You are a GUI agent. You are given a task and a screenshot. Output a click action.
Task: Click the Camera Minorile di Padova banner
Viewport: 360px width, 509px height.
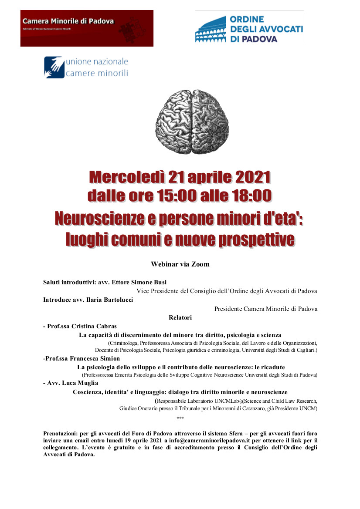[87, 28]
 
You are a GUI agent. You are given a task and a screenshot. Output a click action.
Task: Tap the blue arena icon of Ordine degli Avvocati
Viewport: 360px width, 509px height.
[211, 30]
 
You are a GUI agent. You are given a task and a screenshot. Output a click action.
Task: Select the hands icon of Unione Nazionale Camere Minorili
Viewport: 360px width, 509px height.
[54, 67]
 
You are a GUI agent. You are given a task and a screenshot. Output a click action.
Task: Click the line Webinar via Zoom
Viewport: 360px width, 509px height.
[180, 264]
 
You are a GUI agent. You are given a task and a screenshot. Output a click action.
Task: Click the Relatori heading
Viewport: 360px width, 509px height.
[180, 317]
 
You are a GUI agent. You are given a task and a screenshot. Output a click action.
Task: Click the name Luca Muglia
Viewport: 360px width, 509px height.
[82, 383]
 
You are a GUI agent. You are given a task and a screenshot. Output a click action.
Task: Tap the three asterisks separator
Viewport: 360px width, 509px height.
[180, 419]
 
